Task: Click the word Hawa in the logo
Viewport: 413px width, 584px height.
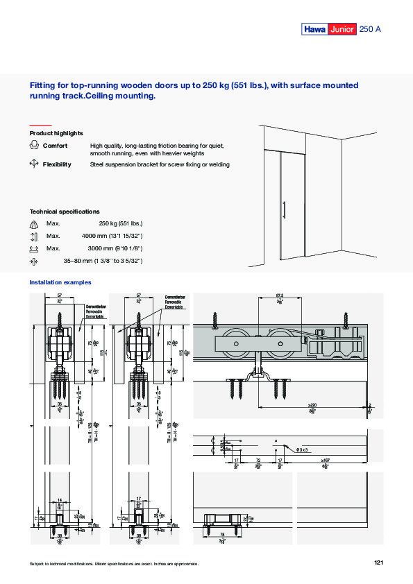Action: click(x=314, y=29)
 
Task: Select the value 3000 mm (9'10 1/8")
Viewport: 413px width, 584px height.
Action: click(x=115, y=248)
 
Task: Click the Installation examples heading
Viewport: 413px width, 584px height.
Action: click(x=60, y=282)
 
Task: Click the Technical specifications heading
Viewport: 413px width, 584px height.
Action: click(x=65, y=211)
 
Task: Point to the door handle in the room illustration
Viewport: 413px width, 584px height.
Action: click(x=284, y=209)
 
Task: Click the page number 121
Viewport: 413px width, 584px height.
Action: click(x=378, y=562)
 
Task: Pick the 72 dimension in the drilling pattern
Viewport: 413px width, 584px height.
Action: click(x=259, y=460)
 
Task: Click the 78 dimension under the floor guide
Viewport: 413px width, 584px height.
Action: click(x=222, y=533)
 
